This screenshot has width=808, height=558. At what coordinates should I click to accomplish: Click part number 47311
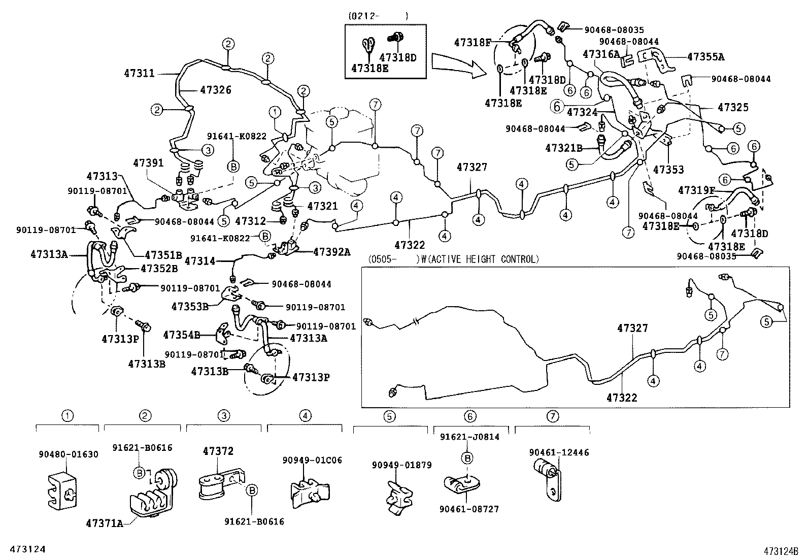(x=139, y=74)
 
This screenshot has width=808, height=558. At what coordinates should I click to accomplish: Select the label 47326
(x=215, y=90)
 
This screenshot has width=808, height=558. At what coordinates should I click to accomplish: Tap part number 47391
(x=148, y=163)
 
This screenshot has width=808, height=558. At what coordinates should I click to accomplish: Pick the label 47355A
(x=705, y=57)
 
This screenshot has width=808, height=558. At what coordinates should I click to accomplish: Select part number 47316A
(x=601, y=54)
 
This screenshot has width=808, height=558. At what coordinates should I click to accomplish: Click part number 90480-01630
(x=69, y=454)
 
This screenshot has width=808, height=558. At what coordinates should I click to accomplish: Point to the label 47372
(x=218, y=451)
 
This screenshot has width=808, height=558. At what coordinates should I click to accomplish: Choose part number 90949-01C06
(x=312, y=460)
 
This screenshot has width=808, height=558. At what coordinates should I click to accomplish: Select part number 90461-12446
(x=559, y=452)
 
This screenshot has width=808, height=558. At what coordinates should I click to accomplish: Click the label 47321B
(x=563, y=148)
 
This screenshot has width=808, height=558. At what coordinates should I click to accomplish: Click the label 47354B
(x=181, y=335)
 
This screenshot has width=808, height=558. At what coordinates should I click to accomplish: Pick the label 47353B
(x=189, y=306)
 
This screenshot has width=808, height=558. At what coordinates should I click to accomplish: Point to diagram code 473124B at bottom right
(x=779, y=550)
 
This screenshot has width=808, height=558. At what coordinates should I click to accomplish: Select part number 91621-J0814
(x=469, y=437)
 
